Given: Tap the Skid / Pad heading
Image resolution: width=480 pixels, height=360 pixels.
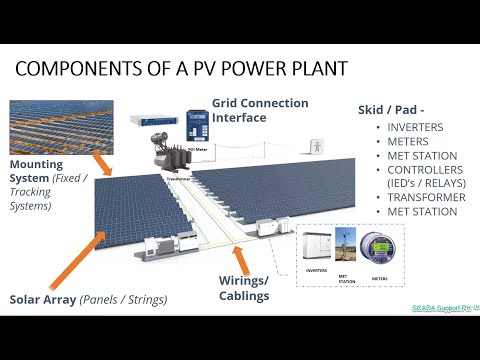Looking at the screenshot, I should tap(397, 111).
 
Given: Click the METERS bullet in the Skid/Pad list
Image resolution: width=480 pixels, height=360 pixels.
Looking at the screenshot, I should tap(409, 142).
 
